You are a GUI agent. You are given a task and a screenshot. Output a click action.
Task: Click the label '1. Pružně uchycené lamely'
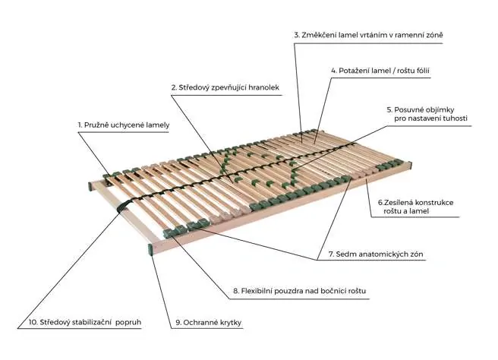pyautogui.click(x=124, y=125)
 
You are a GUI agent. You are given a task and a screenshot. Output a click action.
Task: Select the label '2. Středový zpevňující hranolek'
pyautogui.click(x=225, y=87)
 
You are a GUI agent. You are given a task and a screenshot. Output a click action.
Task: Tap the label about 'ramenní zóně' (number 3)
pyautogui.click(x=368, y=35)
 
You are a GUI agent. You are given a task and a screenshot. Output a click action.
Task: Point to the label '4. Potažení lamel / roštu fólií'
pyautogui.click(x=380, y=71)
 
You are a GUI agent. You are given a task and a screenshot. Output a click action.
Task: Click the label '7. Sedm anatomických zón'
pyautogui.click(x=376, y=254)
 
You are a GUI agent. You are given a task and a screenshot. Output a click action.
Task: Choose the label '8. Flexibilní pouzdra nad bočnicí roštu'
pyautogui.click(x=300, y=291)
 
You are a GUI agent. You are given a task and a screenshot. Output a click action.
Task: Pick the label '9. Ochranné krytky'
pyautogui.click(x=209, y=323)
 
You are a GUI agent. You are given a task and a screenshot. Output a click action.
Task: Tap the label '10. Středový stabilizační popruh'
pyautogui.click(x=85, y=322)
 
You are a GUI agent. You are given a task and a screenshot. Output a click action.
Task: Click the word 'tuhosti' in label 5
pyautogui.click(x=455, y=118)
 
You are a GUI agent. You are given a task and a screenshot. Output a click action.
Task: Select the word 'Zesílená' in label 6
pyautogui.click(x=399, y=202)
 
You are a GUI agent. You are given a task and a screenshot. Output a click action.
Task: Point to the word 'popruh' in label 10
pyautogui.click(x=128, y=323)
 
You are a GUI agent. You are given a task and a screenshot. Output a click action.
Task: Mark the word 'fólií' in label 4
pyautogui.click(x=421, y=71)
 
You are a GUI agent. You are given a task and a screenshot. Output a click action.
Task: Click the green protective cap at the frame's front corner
pyautogui.click(x=150, y=249)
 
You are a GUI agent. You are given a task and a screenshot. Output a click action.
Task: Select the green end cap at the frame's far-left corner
pyautogui.click(x=90, y=186)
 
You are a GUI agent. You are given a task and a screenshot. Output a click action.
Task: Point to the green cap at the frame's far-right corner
pyautogui.click(x=410, y=166)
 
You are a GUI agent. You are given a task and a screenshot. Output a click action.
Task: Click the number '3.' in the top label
pyautogui.click(x=297, y=35)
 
